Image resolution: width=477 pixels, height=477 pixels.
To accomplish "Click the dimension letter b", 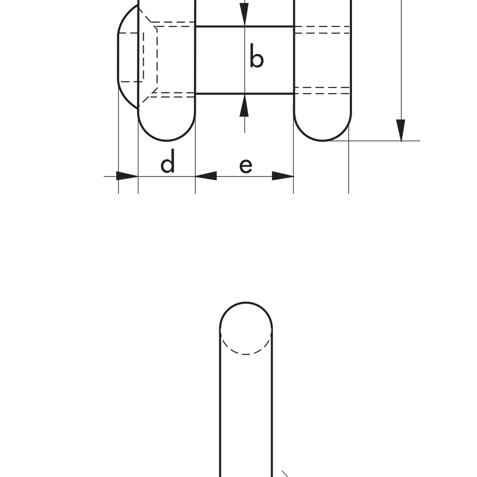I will pos(257,59).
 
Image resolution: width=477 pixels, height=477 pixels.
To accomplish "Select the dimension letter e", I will pos(245,165).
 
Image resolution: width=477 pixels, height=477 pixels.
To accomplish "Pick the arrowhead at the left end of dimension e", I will pos(206,176).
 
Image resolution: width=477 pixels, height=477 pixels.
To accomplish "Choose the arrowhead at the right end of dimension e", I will pos(283,176).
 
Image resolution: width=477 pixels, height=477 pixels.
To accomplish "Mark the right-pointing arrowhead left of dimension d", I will pos(127,176).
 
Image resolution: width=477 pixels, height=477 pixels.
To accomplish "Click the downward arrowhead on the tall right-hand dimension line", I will pos(401,130).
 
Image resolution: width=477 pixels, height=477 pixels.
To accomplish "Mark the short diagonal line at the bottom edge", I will pos(286,474).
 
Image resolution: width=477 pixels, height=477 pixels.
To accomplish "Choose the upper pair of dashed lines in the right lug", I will pos(322,30).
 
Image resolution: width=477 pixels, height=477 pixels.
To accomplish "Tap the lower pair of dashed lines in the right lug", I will pos(322,90).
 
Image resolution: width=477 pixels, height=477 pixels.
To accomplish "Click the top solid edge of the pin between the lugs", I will pos(244,26).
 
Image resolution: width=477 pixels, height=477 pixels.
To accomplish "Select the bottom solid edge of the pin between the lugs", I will pos(244,93).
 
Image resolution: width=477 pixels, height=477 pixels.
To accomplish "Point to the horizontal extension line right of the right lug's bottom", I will pos(377,141).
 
